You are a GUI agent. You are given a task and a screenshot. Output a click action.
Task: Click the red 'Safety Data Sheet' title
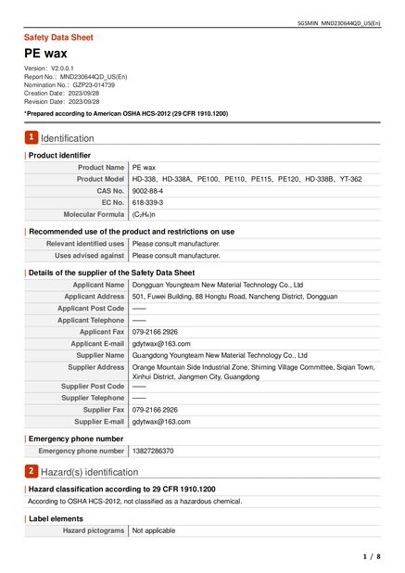tap(58, 37)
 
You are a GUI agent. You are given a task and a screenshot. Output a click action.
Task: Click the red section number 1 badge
tap(31, 137)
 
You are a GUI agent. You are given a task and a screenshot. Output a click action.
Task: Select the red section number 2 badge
tap(31, 471)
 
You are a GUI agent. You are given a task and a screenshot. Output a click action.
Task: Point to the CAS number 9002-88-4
tap(147, 190)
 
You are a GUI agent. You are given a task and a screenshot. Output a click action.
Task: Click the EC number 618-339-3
tap(147, 202)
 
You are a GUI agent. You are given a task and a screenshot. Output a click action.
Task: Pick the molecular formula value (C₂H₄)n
tap(145, 214)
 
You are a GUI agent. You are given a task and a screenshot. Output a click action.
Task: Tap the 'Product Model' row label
tap(100, 179)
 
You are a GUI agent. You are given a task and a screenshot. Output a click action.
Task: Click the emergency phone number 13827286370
tap(153, 451)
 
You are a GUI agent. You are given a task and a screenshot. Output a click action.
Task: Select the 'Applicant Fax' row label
tap(101, 332)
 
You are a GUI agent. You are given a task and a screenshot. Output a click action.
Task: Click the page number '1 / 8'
tap(371, 556)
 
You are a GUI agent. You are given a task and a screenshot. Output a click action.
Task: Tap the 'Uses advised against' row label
tap(89, 255)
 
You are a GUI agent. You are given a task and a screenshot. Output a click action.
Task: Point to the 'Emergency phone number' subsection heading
tap(75, 438)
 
